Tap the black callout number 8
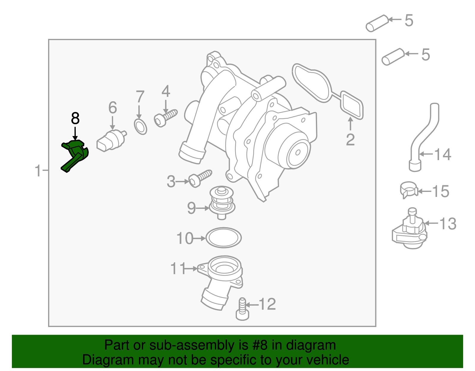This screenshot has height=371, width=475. click(75, 119)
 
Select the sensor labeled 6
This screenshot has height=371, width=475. click(110, 140)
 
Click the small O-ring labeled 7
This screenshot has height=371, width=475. click(140, 127)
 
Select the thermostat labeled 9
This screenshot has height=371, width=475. click(222, 202)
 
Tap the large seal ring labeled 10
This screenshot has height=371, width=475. click(223, 238)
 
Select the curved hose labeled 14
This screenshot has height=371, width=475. click(423, 137)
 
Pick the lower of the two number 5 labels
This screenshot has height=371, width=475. click(425, 55)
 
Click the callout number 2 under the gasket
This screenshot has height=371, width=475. click(350, 140)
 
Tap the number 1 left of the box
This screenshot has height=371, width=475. click(38, 171)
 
